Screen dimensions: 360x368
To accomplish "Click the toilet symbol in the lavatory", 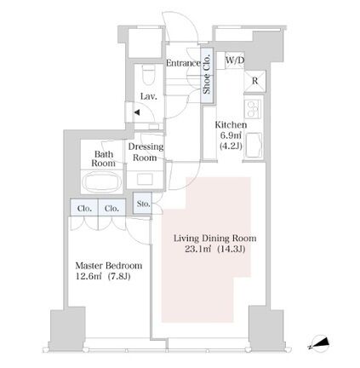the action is click(148, 75).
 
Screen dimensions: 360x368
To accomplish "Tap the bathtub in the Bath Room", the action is click(102, 182).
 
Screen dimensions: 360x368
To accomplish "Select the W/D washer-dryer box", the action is click(235, 60).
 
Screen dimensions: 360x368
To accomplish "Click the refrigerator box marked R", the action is click(254, 81).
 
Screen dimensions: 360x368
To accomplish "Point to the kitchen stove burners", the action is click(254, 109).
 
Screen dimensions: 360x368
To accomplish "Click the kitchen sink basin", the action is click(254, 145).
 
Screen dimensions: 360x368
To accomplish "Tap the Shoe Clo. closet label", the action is click(207, 75).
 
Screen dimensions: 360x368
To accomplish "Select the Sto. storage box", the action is click(143, 204).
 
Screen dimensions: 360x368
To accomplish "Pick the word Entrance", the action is click(183, 63).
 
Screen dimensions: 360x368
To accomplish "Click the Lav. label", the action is click(149, 96).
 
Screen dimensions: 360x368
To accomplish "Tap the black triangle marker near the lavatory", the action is click(137, 112).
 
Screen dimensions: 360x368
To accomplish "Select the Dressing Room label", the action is click(146, 152).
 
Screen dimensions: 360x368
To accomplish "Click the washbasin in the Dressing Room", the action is click(145, 179).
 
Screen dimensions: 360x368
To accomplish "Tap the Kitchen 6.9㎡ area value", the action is click(231, 135).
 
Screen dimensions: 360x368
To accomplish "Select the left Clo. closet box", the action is click(84, 207).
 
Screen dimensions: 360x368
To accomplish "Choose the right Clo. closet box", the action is click(111, 207).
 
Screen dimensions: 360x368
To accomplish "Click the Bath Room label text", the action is click(104, 158).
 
